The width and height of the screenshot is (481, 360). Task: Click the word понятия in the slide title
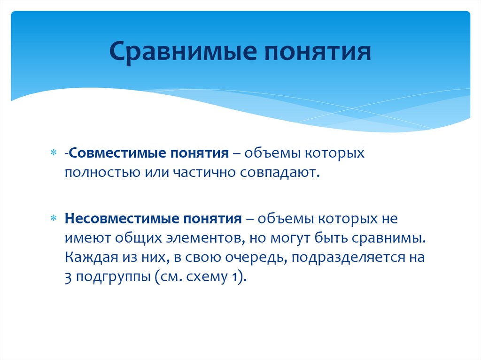coord(314,52)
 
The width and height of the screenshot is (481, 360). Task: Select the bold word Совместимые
coord(113,154)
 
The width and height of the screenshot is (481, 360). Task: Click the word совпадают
coord(280,173)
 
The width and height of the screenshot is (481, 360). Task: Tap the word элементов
coord(203,238)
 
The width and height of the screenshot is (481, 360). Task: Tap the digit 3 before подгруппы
coord(69,276)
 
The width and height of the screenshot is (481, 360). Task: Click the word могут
coord(286,238)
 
